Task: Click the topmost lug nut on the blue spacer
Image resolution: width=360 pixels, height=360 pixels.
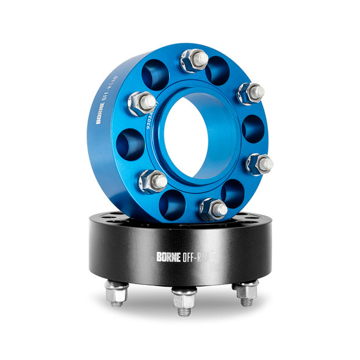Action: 195,60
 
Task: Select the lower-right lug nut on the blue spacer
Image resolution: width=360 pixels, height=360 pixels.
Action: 260,164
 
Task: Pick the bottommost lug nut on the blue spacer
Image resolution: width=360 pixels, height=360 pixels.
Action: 214,209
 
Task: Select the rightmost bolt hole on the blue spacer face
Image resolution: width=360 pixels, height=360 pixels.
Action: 253,129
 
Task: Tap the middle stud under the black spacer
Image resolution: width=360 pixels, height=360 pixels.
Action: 184,301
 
